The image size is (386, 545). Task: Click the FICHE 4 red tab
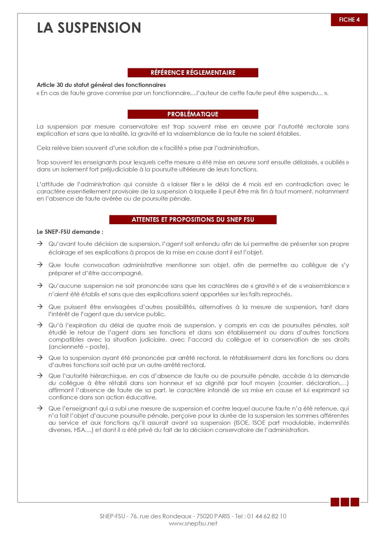point(349,20)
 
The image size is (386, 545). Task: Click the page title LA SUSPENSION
point(89,28)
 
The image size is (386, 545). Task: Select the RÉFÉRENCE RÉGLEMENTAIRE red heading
point(193,73)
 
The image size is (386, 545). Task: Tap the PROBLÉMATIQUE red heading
point(193,114)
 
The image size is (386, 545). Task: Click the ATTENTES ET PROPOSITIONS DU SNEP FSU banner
point(193,220)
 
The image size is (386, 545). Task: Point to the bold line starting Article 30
point(101,85)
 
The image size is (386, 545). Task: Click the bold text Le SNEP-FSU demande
point(70,232)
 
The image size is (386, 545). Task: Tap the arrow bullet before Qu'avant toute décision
point(40,243)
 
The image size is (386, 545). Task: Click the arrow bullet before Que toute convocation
point(40,265)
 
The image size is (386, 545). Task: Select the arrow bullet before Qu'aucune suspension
point(40,285)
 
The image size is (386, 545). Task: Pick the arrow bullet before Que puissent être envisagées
point(40,307)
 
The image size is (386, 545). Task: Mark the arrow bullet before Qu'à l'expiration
point(40,325)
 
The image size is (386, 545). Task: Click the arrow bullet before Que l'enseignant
point(40,408)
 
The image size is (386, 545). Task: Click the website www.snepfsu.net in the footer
point(193,524)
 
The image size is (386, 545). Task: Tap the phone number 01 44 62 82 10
point(267,516)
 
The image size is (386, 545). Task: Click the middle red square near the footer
point(345,502)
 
